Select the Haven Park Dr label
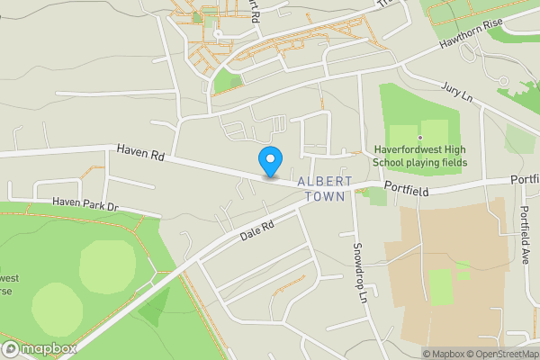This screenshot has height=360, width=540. click(85, 205)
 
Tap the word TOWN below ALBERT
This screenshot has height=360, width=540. click(325, 196)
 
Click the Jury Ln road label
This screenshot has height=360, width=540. click(456, 92)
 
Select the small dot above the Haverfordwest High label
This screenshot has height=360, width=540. click(419, 137)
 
